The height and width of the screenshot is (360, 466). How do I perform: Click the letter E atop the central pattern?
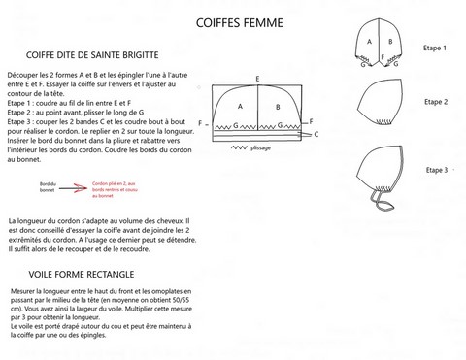click(256, 78)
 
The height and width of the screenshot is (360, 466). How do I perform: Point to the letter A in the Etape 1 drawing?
click(369, 43)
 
